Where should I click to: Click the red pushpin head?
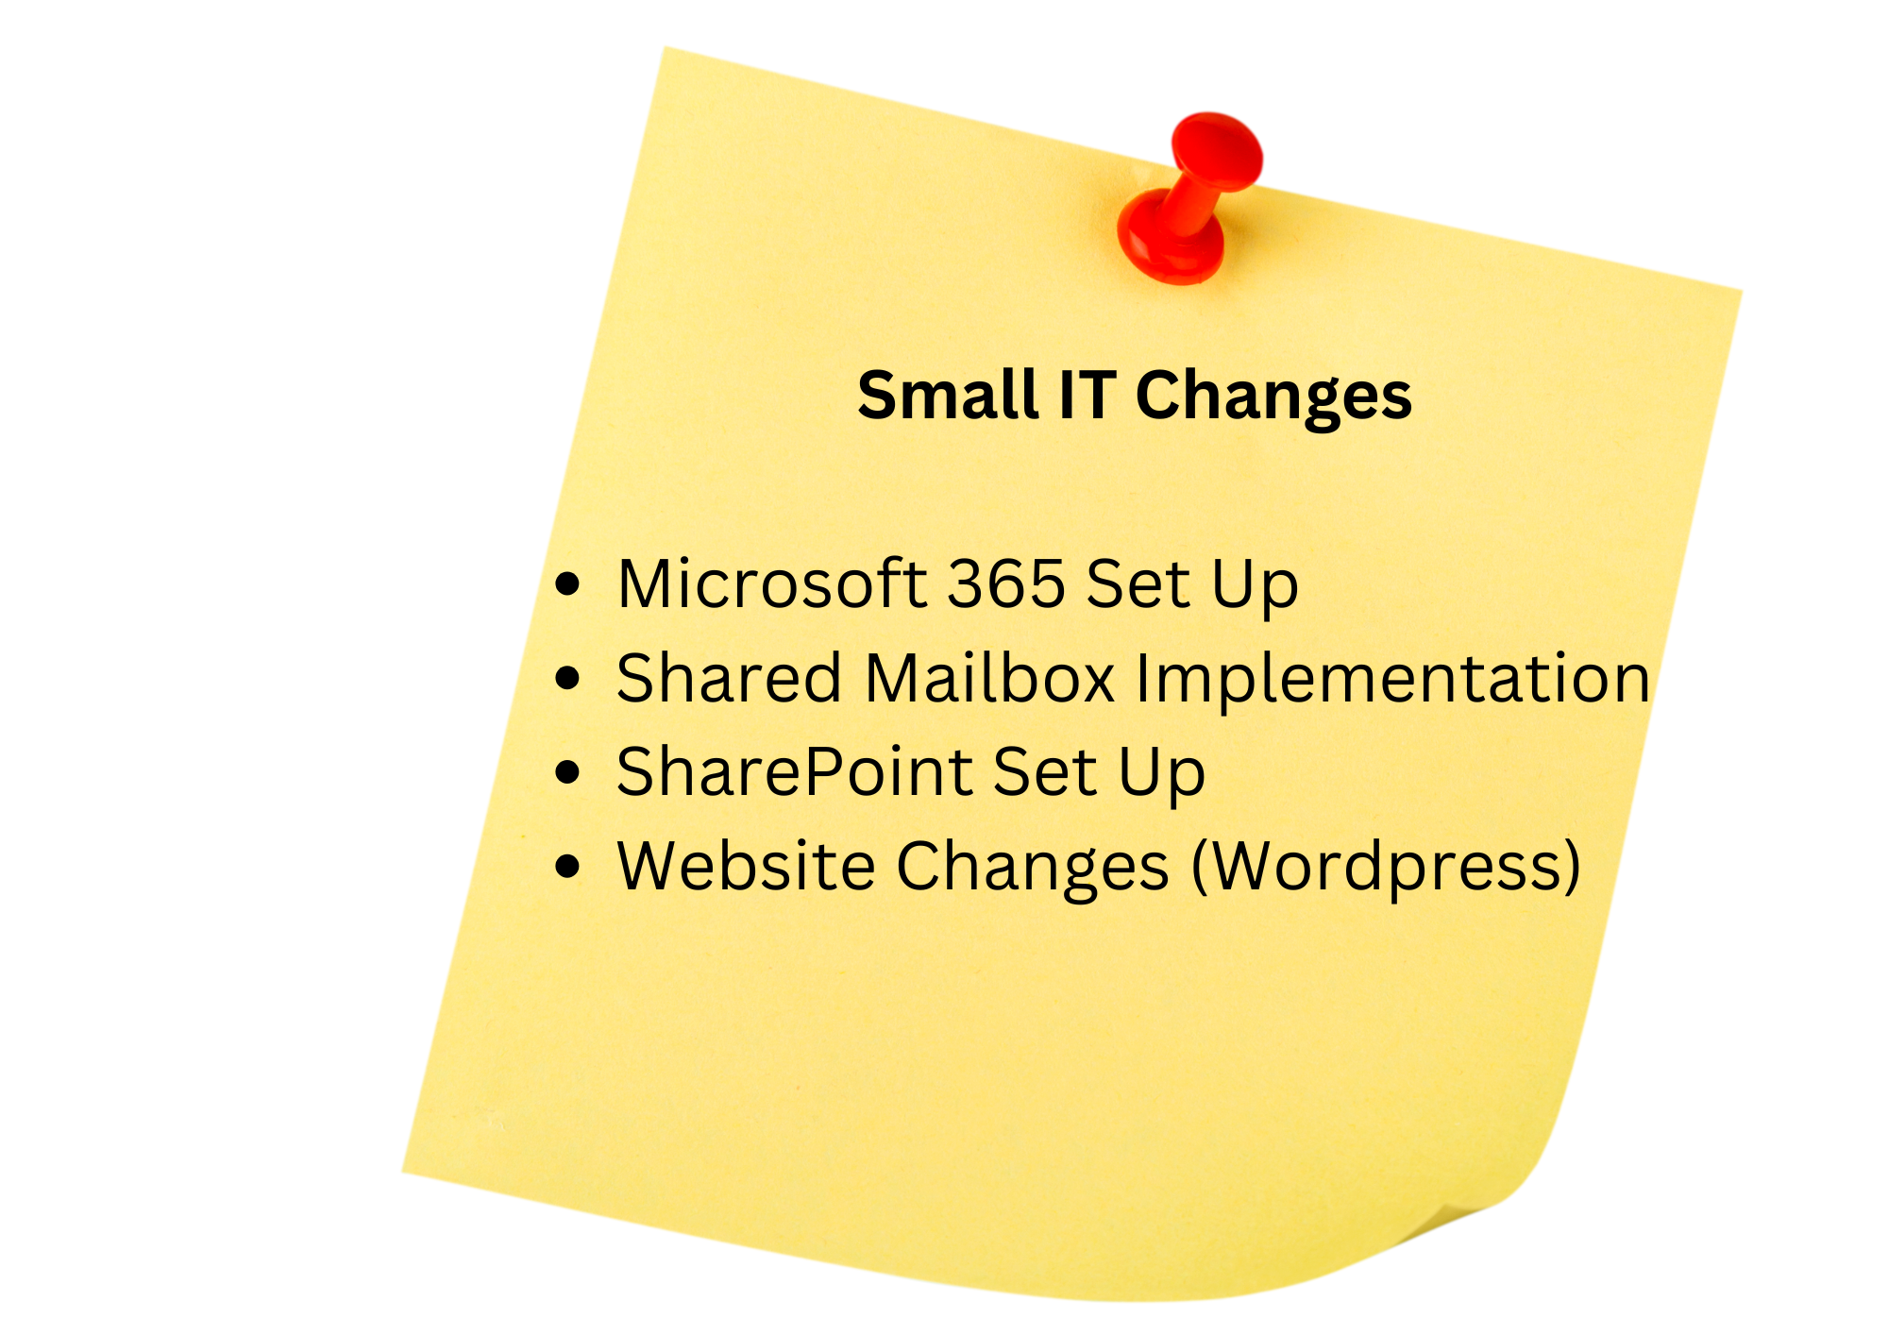pyautogui.click(x=1217, y=150)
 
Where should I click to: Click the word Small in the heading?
pyautogui.click(x=947, y=395)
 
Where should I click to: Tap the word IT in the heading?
pyautogui.click(x=1087, y=395)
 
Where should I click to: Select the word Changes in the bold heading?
pyautogui.click(x=1273, y=397)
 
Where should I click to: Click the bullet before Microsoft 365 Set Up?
pyautogui.click(x=567, y=584)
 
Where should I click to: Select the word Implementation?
pyautogui.click(x=1392, y=680)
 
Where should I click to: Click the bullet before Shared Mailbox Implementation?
pyautogui.click(x=567, y=678)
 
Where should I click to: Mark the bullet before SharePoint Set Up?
pyautogui.click(x=567, y=771)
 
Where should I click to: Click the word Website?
pyautogui.click(x=746, y=866)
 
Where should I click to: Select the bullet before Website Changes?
pyautogui.click(x=567, y=866)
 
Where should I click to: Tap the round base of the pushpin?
pyautogui.click(x=1169, y=241)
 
